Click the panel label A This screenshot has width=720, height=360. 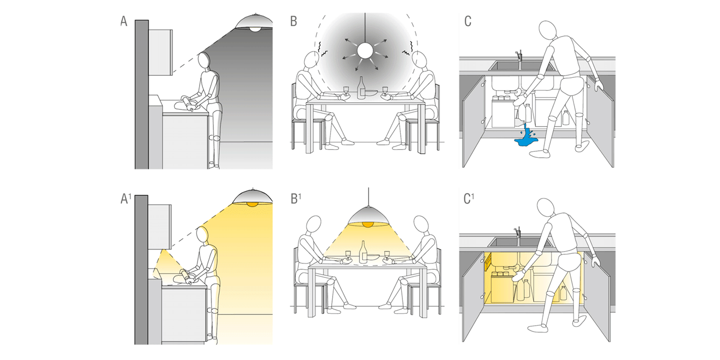pyautogui.click(x=124, y=22)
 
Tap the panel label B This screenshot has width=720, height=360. pyautogui.click(x=293, y=22)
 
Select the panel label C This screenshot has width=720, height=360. pyautogui.click(x=467, y=22)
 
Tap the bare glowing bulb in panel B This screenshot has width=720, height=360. pyautogui.click(x=365, y=52)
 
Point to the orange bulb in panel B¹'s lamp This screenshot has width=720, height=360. pyautogui.click(x=367, y=223)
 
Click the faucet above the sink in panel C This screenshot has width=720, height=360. pyautogui.click(x=519, y=56)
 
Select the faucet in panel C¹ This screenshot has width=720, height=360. pyautogui.click(x=519, y=231)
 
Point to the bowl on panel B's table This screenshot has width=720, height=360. pyautogui.click(x=370, y=94)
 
